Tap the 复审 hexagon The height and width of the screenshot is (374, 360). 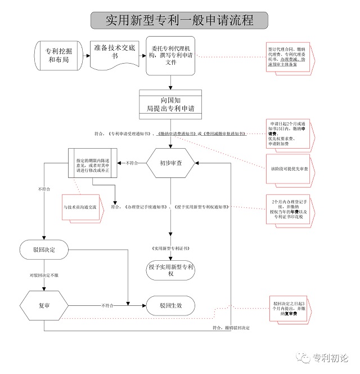pos(43,305)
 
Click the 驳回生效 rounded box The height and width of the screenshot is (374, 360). pos(170,305)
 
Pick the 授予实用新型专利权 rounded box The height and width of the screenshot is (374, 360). pos(170,270)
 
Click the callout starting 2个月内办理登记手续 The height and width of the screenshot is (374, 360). pos(291,208)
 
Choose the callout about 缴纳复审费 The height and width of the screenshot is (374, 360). pos(291,307)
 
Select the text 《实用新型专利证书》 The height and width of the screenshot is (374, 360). pos(170,248)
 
